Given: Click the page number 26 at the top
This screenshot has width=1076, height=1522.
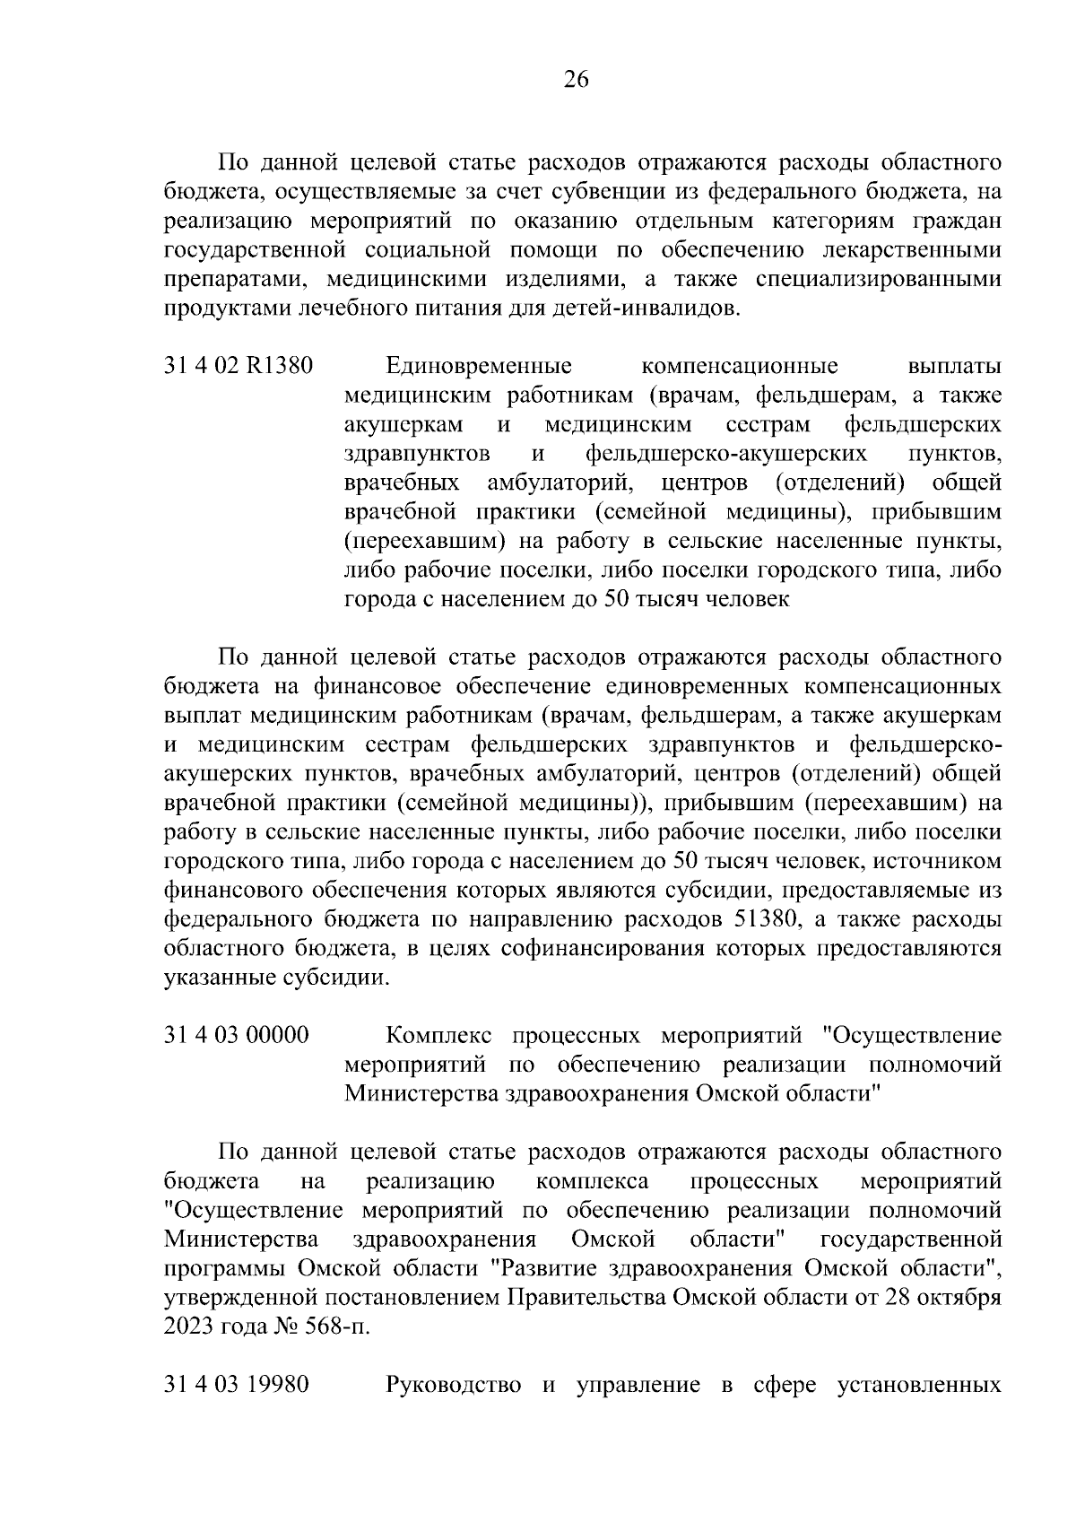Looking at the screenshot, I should click(x=576, y=81).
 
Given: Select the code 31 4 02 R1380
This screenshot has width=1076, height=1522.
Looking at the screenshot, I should click(x=239, y=367).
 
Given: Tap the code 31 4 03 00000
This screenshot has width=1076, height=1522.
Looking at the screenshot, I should click(x=237, y=1035).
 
